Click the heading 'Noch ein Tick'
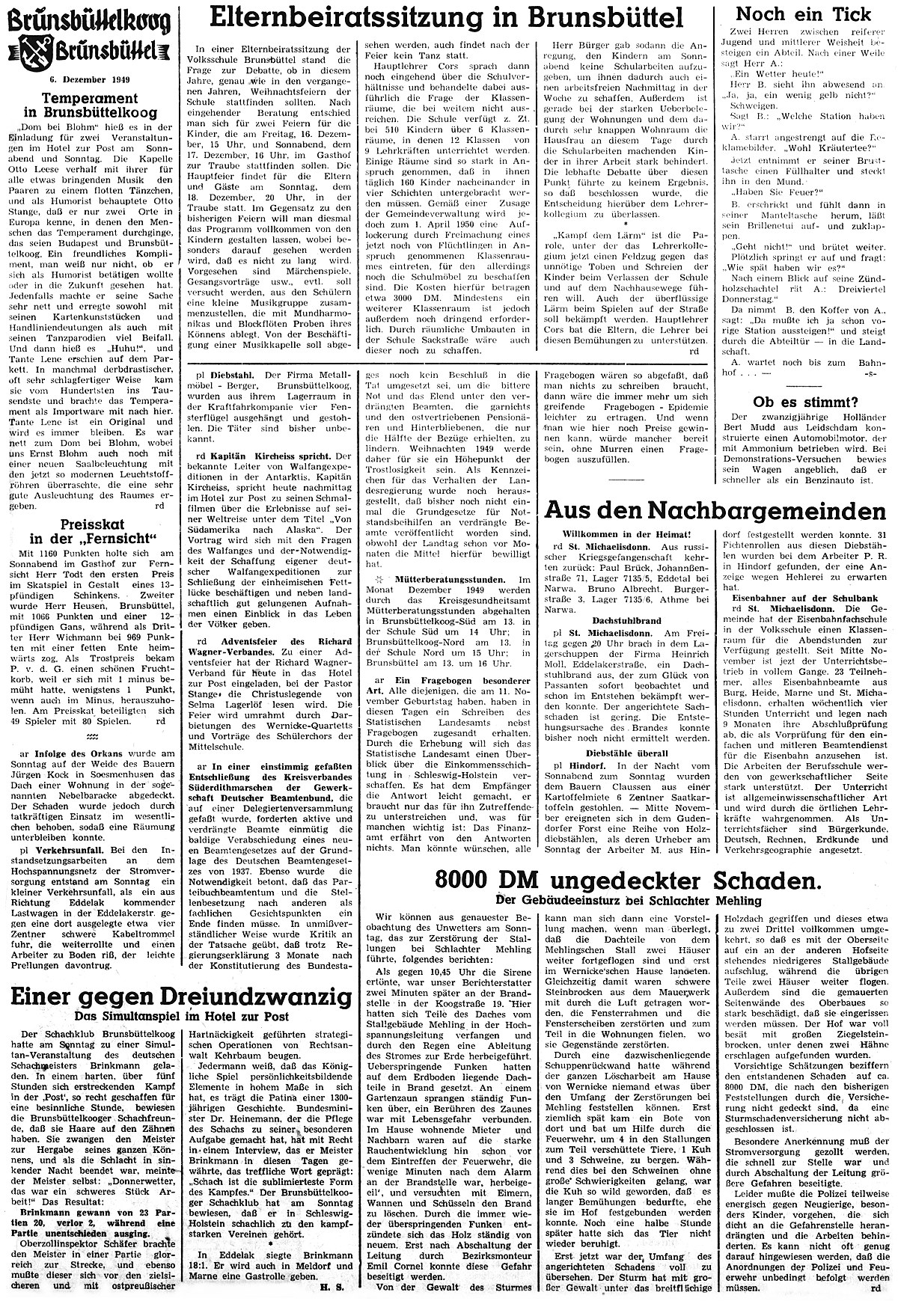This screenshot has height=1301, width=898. [804, 14]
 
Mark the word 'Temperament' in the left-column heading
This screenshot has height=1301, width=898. [89, 98]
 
